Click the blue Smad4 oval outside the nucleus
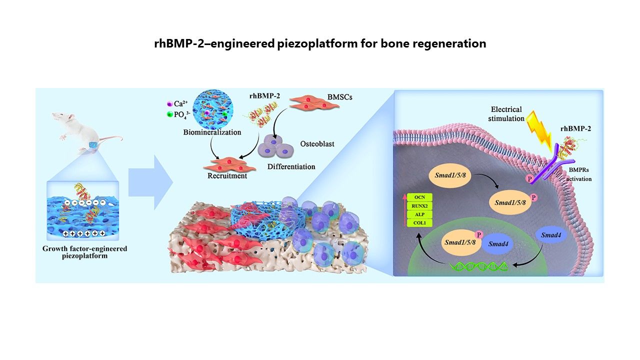click(551, 234)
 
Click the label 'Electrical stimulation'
click(506, 114)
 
